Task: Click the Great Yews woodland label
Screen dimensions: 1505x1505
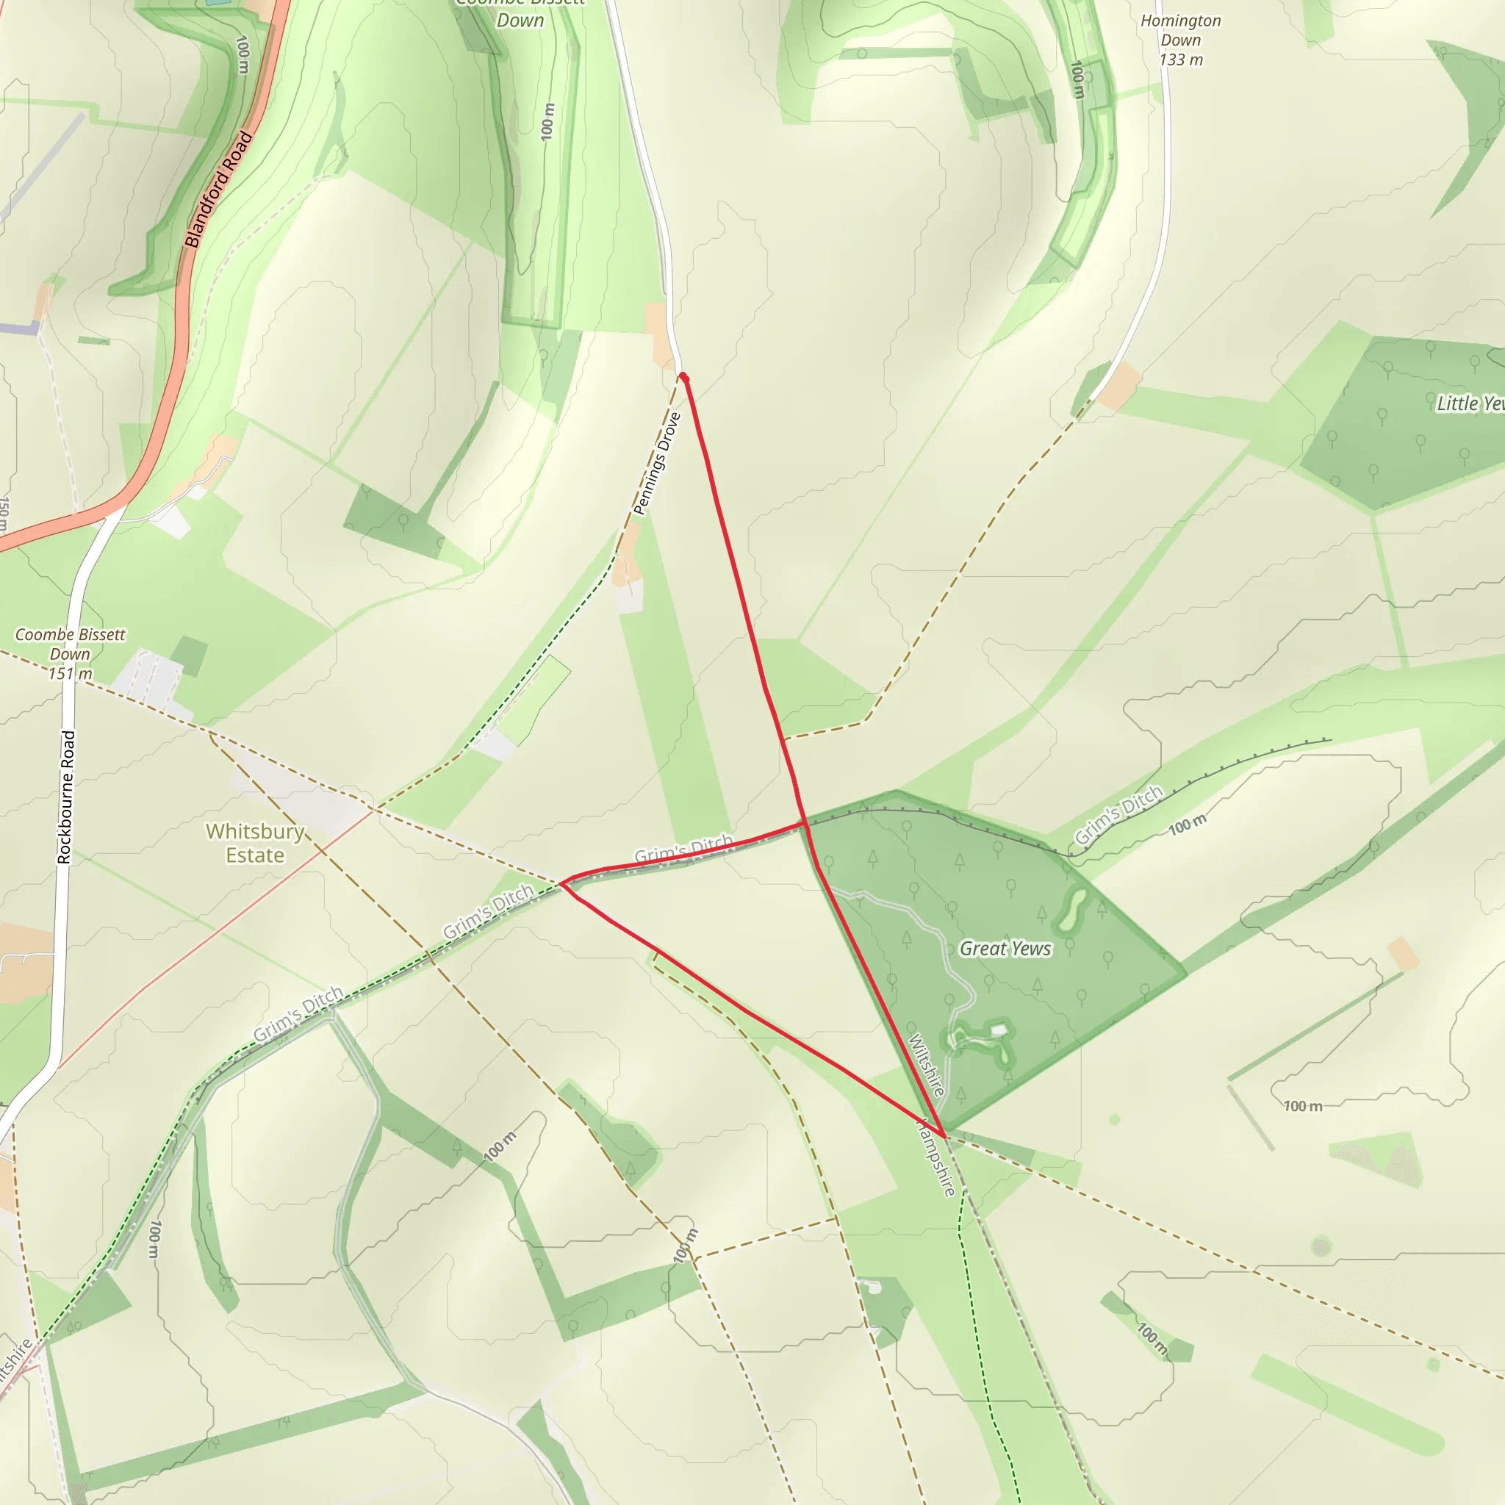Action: (1005, 948)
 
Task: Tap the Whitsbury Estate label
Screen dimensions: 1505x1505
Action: (255, 843)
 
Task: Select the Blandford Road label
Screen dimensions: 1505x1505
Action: (219, 190)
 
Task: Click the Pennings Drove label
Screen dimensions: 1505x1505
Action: (658, 464)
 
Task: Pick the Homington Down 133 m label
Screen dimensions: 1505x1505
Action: (1181, 40)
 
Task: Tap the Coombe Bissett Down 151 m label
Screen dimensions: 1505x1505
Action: (70, 653)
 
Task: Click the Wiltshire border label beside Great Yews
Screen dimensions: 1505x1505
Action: (926, 1064)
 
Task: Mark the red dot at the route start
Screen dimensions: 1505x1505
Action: (683, 377)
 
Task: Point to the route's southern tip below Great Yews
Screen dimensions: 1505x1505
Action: (944, 1137)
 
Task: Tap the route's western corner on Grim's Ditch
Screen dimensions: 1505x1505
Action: (561, 883)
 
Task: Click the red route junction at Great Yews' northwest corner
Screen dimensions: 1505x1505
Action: (804, 822)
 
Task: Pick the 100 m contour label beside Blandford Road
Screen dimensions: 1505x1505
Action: (243, 54)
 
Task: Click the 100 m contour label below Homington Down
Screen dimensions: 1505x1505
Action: (1077, 79)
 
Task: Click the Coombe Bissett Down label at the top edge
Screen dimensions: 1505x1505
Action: (520, 13)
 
